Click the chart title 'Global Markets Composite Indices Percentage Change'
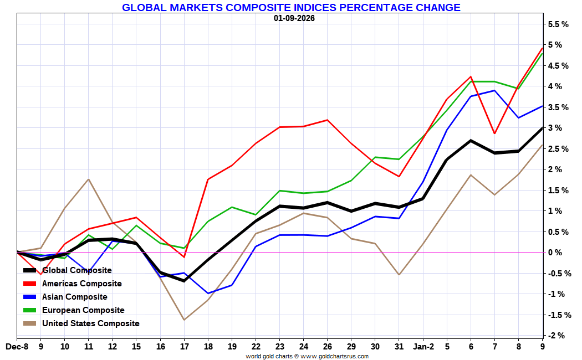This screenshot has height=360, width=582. click(x=291, y=8)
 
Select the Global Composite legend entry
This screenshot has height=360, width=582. click(x=76, y=270)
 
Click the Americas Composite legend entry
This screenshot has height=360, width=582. click(x=81, y=284)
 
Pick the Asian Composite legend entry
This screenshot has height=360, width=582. click(x=74, y=297)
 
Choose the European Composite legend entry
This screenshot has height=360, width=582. click(x=83, y=310)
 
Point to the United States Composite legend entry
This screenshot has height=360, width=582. click(x=90, y=323)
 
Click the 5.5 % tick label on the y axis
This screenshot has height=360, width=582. click(x=558, y=24)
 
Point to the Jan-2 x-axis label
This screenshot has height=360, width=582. click(x=423, y=347)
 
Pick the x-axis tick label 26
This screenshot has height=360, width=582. click(x=328, y=347)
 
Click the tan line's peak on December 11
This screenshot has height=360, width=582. click(x=89, y=179)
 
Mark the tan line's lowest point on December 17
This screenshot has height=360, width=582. click(x=184, y=320)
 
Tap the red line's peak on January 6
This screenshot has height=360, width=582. click(x=471, y=76)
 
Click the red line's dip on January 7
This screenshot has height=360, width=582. click(x=494, y=133)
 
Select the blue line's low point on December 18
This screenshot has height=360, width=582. click(x=208, y=294)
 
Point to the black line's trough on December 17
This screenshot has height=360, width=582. click(x=184, y=281)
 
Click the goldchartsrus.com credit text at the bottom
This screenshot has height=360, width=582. click(x=307, y=356)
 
